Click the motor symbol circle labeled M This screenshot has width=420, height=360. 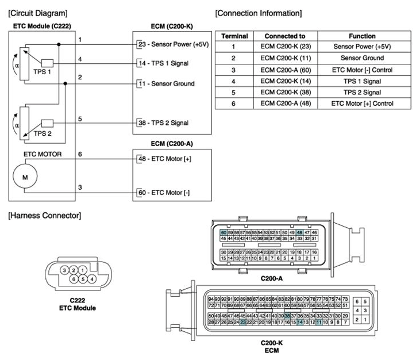point(25,178)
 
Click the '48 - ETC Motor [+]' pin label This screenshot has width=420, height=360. point(164,159)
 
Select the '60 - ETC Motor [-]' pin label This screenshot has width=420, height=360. point(163,193)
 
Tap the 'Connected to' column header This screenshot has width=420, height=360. point(285,36)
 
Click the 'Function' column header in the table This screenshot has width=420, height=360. point(362,36)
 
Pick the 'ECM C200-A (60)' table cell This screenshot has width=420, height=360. point(285,70)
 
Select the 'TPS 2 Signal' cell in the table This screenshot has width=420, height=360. point(362,92)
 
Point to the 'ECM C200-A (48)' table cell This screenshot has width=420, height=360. point(285,104)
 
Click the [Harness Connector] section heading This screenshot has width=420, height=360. point(45,216)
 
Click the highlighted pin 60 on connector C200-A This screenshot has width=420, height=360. point(224,232)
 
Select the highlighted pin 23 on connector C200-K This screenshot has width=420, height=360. point(243,323)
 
